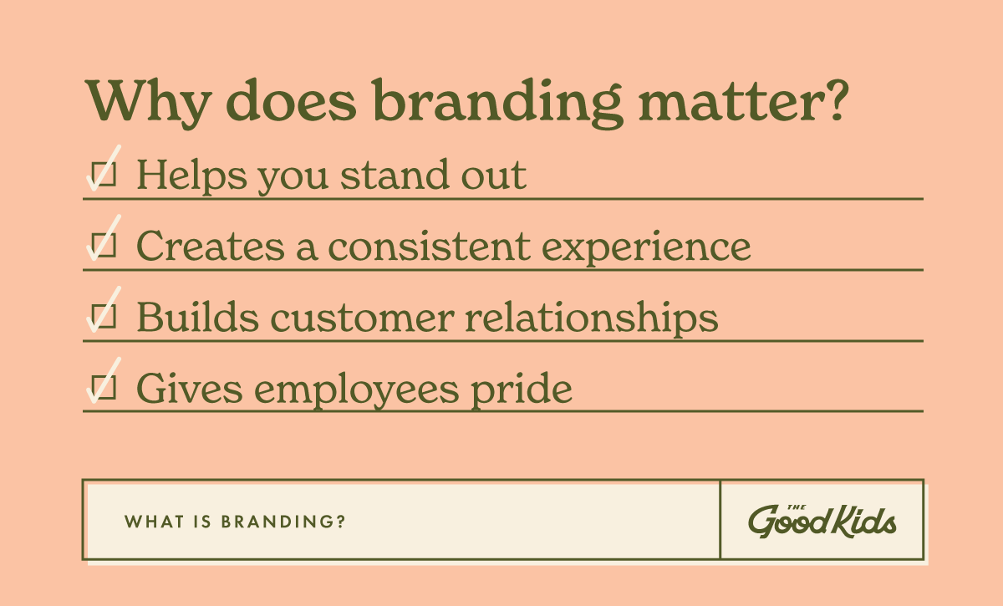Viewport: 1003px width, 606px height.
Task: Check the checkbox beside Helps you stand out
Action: tap(103, 174)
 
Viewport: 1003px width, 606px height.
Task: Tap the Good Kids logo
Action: tap(822, 520)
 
